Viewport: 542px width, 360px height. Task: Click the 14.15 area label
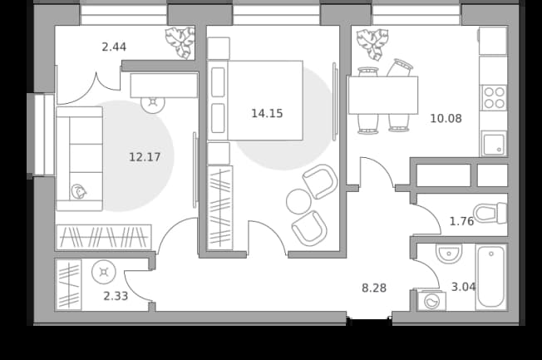[x=267, y=113]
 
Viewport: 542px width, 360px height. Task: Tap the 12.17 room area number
[x=145, y=157]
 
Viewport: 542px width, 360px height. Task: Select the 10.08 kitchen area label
[x=446, y=119]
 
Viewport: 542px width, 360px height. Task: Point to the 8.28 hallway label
[x=374, y=288]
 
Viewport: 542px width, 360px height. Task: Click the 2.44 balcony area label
[x=114, y=47]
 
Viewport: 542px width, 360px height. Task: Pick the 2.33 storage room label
[x=116, y=296]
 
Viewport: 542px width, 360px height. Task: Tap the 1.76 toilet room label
[x=461, y=221]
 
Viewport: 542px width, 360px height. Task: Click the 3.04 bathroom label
[x=464, y=287]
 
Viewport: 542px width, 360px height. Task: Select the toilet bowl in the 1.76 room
[x=490, y=213]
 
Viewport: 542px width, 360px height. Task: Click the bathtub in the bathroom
[x=491, y=276]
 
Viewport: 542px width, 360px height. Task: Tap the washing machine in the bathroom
[x=431, y=300]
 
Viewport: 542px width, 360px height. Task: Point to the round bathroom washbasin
[x=449, y=254]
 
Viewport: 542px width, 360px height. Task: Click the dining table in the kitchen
[x=383, y=96]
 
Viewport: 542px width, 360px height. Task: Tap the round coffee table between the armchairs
[x=298, y=201]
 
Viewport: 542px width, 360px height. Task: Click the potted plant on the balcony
[x=180, y=42]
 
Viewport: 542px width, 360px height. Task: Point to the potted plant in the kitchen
[x=372, y=44]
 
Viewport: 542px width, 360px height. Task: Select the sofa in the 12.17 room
[x=80, y=159]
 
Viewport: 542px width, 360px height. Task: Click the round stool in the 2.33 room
[x=104, y=272]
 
